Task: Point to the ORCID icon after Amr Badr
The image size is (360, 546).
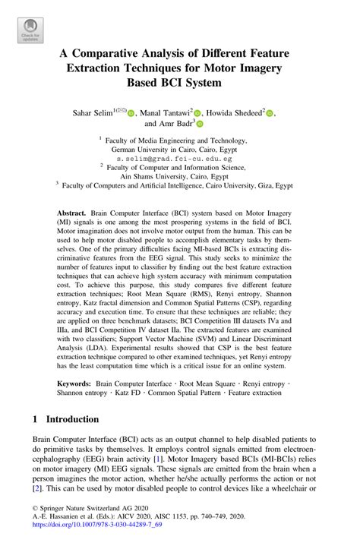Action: point(200,124)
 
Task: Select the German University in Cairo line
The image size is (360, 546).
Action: point(179,150)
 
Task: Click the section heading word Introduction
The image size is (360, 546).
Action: point(72,419)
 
